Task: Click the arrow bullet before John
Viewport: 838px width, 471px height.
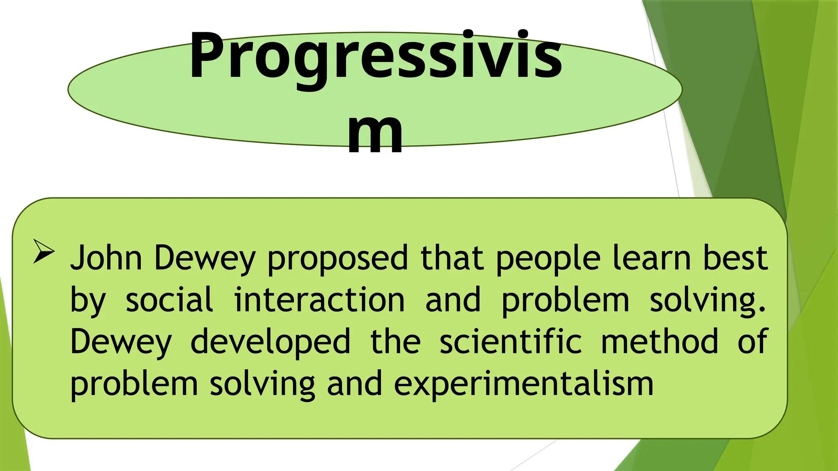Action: pyautogui.click(x=44, y=251)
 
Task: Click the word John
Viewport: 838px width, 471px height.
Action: pyautogui.click(x=106, y=258)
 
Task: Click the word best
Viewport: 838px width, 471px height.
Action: pyautogui.click(x=735, y=258)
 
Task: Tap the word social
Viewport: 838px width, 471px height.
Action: pyautogui.click(x=169, y=300)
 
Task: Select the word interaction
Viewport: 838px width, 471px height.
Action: pyautogui.click(x=319, y=300)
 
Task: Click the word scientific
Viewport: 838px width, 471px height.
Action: pyautogui.click(x=510, y=342)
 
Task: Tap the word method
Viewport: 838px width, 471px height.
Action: pyautogui.click(x=659, y=342)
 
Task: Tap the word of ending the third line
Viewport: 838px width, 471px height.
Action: pyautogui.click(x=752, y=342)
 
